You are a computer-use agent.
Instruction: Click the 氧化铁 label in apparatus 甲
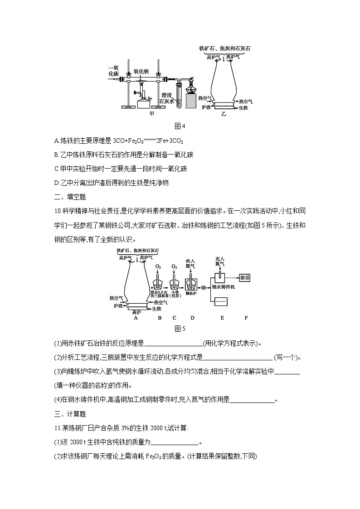click(x=141, y=71)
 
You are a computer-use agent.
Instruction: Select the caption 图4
click(x=180, y=126)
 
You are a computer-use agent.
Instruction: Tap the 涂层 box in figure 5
click(x=244, y=277)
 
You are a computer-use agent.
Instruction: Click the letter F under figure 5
click(x=246, y=318)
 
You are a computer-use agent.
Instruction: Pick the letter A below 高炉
click(x=135, y=318)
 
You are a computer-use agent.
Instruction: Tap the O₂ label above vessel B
click(x=158, y=267)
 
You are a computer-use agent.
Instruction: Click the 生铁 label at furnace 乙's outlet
click(x=243, y=107)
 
